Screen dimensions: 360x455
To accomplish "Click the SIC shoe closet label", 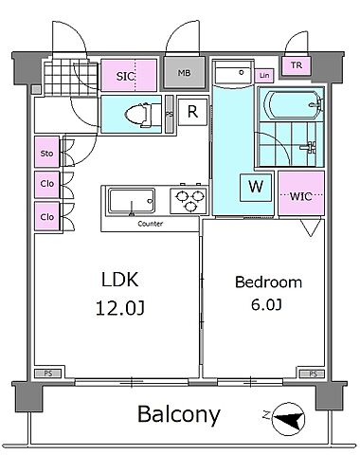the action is click(125, 76).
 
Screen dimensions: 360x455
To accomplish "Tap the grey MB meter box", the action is click(185, 73).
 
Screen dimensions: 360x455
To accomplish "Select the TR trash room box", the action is click(297, 65).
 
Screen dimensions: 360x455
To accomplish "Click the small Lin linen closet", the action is click(264, 76).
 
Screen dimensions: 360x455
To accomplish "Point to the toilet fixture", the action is click(140, 114).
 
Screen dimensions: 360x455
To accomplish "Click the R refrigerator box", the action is click(192, 112).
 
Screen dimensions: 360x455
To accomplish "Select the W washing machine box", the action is click(256, 187).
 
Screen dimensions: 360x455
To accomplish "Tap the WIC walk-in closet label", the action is click(301, 196).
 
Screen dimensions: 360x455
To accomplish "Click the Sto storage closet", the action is click(46, 152).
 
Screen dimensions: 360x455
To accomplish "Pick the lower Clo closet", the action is click(46, 216).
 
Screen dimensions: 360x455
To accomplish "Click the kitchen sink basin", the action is click(132, 201).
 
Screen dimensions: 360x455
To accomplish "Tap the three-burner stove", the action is click(189, 200).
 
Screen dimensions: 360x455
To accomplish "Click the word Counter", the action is click(151, 224).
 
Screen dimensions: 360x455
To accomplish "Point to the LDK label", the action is click(120, 280).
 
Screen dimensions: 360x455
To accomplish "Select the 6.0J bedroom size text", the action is click(266, 304).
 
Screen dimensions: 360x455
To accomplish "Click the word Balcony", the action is click(179, 414).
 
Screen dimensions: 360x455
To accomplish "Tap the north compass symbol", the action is click(288, 419).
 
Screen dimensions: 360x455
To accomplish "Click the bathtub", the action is click(292, 104).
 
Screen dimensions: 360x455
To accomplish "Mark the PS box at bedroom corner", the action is click(313, 374).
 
